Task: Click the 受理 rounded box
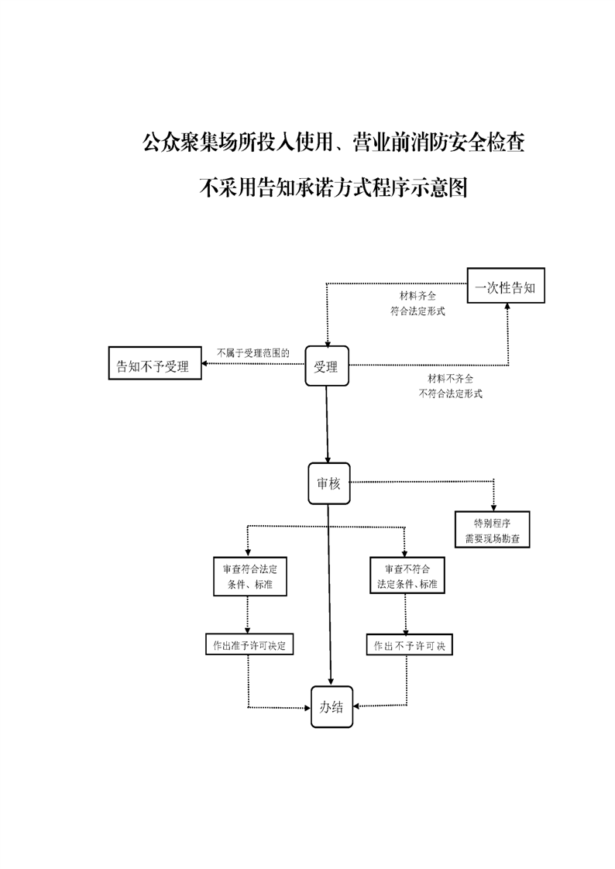point(326,366)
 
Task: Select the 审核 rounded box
point(328,484)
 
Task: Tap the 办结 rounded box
point(332,706)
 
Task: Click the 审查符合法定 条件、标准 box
point(249,576)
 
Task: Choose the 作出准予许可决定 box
point(249,644)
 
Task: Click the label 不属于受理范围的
point(253,352)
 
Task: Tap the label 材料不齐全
point(450,379)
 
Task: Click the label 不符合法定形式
point(450,393)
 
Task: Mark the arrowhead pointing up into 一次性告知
point(507,307)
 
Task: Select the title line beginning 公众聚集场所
point(333,143)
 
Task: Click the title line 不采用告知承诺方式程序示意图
point(333,187)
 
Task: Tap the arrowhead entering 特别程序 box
point(493,505)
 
